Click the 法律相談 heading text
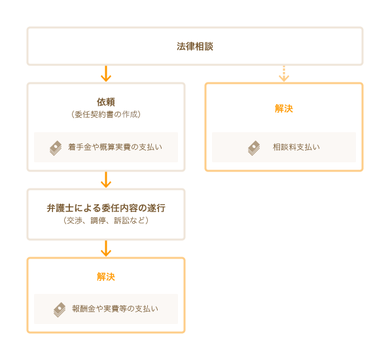(x=195, y=46)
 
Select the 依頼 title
(x=106, y=102)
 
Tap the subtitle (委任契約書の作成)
(x=106, y=115)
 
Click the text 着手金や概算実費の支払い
(x=115, y=147)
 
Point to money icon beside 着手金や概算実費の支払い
(x=56, y=148)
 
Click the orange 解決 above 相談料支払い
(x=284, y=109)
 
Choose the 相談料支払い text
(x=296, y=147)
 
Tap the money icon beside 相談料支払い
(x=254, y=148)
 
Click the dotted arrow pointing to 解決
(x=284, y=74)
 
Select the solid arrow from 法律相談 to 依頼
(x=106, y=74)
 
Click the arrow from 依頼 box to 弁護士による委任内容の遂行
(x=106, y=179)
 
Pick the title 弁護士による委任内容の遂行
(x=106, y=208)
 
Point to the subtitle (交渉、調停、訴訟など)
(x=106, y=221)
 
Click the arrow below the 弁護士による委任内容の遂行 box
(x=106, y=248)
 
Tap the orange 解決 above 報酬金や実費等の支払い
(x=106, y=277)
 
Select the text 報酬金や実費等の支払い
(x=115, y=309)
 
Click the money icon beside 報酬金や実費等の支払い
(x=60, y=310)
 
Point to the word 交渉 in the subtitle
(x=75, y=221)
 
